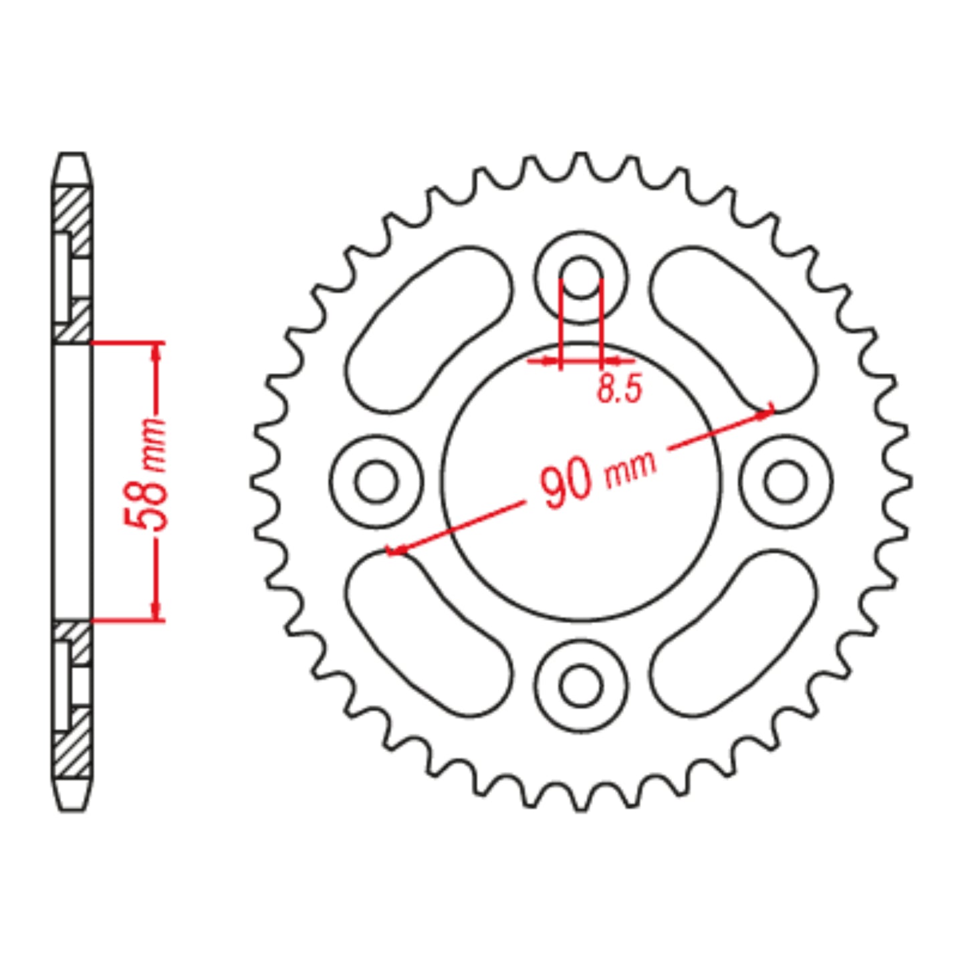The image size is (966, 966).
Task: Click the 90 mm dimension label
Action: [x=597, y=476]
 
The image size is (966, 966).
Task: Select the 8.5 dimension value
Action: [x=619, y=389]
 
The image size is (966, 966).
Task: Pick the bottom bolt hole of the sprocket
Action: [x=581, y=686]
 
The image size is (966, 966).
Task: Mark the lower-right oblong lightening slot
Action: [x=733, y=634]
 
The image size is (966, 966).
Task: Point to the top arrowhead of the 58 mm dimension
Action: [x=156, y=351]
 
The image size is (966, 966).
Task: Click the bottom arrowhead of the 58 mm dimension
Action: [x=156, y=611]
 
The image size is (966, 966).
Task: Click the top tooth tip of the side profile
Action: [x=72, y=160]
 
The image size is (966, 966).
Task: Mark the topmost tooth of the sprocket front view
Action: [x=581, y=158]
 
